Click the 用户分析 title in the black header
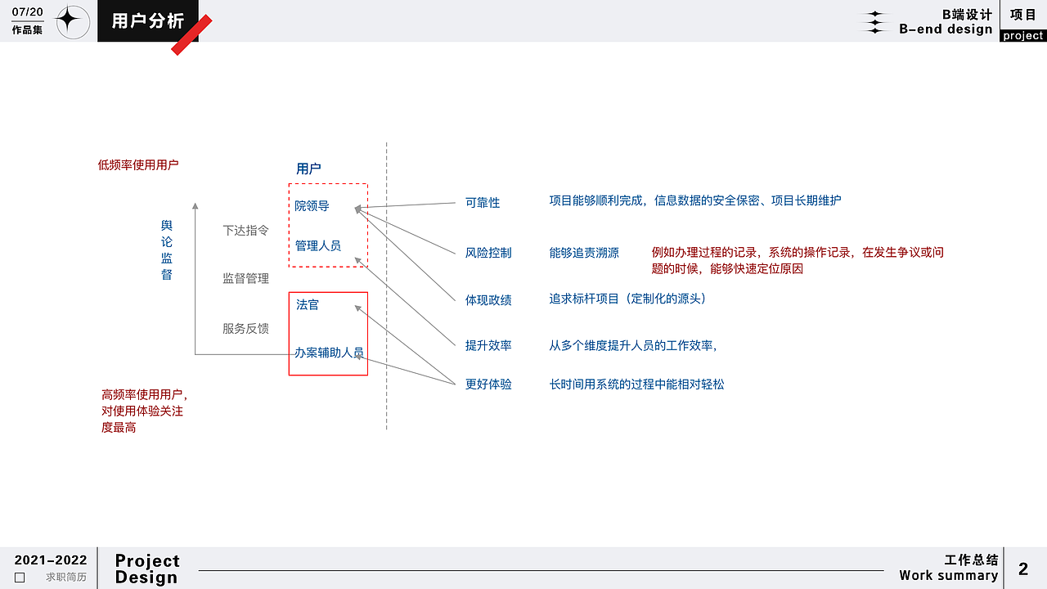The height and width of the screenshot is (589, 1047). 148,21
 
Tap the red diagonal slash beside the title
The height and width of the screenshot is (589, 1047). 191,35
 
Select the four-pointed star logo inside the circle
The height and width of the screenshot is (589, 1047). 68,20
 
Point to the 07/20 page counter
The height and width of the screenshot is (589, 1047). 27,11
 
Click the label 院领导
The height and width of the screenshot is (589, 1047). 312,205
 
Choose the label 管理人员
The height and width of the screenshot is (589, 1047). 318,245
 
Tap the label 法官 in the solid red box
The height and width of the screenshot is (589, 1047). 307,305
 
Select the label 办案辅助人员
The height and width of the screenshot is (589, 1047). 329,353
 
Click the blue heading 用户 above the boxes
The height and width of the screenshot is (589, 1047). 308,169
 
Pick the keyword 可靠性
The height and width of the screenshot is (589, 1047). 483,202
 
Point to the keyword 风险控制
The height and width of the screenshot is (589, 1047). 488,253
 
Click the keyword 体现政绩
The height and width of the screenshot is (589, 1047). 488,300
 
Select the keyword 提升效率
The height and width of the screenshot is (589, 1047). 488,345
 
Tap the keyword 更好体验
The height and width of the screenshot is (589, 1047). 488,384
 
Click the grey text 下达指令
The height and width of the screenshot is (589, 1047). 246,231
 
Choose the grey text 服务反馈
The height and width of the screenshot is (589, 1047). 246,329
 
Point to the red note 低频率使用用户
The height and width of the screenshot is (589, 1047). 138,165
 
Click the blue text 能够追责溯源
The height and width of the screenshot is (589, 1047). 584,253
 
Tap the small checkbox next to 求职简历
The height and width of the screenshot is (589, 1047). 20,578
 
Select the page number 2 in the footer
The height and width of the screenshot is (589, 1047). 1023,569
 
